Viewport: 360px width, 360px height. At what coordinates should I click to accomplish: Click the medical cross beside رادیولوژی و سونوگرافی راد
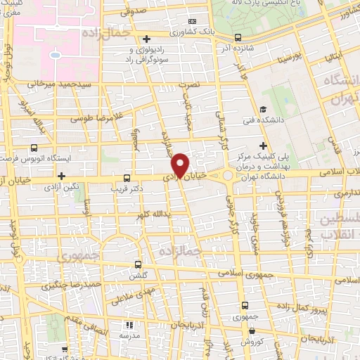tap(146, 39)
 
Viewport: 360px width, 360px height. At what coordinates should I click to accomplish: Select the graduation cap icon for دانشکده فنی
tap(262, 109)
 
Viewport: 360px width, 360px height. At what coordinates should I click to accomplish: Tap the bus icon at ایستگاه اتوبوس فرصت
tap(34, 148)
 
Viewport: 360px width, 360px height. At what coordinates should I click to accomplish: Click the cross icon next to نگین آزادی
tap(62, 175)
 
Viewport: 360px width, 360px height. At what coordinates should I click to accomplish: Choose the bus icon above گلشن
tap(138, 265)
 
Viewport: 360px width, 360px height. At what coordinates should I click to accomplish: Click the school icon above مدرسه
tap(129, 325)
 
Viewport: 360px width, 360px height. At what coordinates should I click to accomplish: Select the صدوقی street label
tap(134, 12)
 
